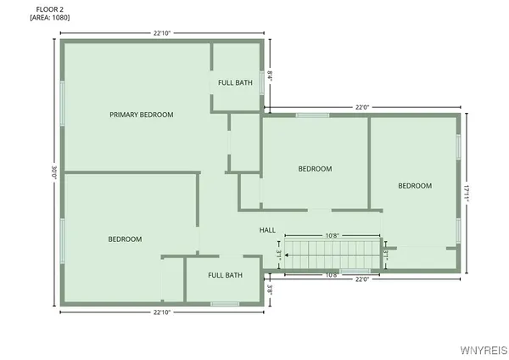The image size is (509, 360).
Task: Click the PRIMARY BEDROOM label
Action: [141, 115]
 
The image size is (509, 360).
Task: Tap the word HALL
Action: [267, 230]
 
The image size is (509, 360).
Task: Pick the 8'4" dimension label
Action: [270, 75]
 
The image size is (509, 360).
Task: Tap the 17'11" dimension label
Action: [466, 193]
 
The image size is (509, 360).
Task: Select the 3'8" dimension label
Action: [270, 288]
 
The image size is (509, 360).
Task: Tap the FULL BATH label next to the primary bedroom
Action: [235, 82]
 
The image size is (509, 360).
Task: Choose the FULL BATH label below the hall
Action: [226, 275]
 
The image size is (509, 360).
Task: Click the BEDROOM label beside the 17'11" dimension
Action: [415, 186]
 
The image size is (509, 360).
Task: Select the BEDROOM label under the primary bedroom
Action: [125, 239]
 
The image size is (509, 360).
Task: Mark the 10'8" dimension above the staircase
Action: [332, 235]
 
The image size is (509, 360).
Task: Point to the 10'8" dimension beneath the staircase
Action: [332, 274]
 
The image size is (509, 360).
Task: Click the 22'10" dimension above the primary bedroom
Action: [162, 33]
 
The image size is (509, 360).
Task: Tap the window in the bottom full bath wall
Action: [225, 303]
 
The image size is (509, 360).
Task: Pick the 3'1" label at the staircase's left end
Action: [278, 253]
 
